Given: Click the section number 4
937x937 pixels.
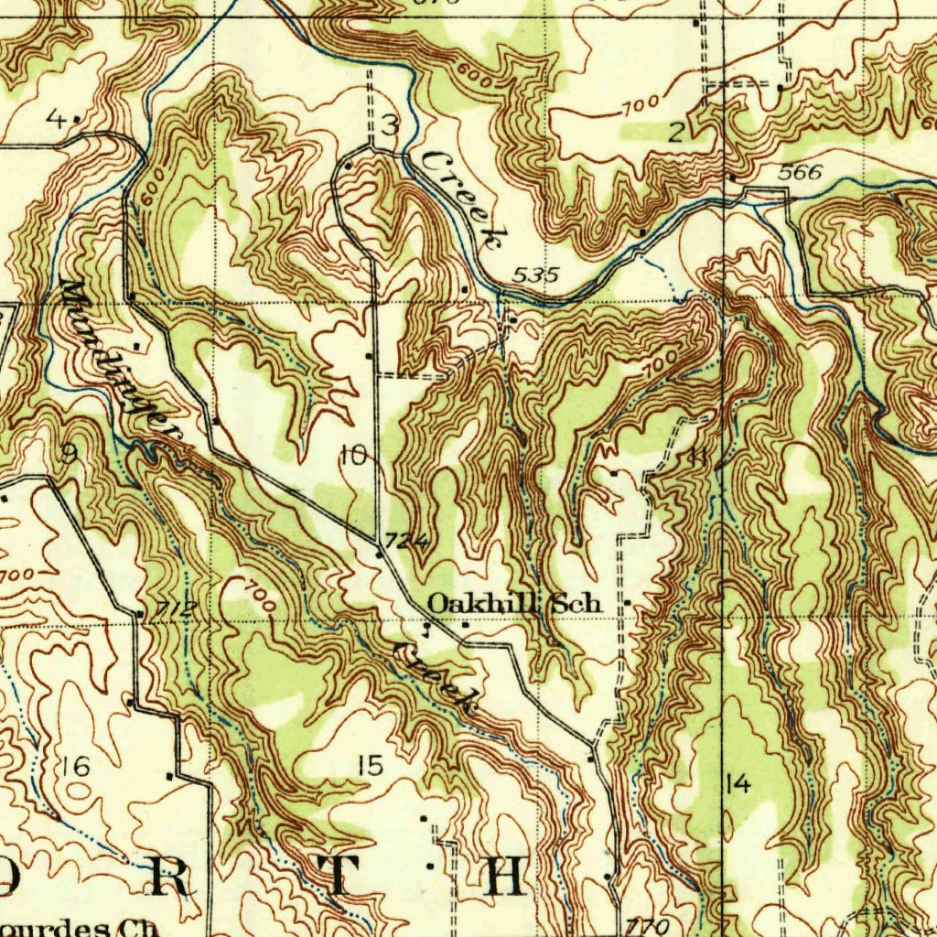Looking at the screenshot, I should [x=57, y=118].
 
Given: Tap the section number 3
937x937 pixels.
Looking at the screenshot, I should [x=390, y=126].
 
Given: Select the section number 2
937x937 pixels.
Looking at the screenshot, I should [x=676, y=133].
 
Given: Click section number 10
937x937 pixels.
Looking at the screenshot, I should [x=353, y=455].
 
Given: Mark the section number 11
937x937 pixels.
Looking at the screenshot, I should [x=700, y=456].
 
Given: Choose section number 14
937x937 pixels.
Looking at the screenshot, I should [x=737, y=783].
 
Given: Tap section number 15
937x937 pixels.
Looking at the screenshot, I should [x=370, y=766].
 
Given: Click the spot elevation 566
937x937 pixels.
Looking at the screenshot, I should [x=801, y=172].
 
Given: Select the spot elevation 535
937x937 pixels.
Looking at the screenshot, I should [x=535, y=275].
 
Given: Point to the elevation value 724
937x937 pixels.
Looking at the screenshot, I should [x=406, y=542].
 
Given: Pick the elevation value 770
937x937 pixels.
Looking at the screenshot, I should [x=648, y=925].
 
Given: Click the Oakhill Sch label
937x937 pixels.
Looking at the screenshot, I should [x=515, y=603].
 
